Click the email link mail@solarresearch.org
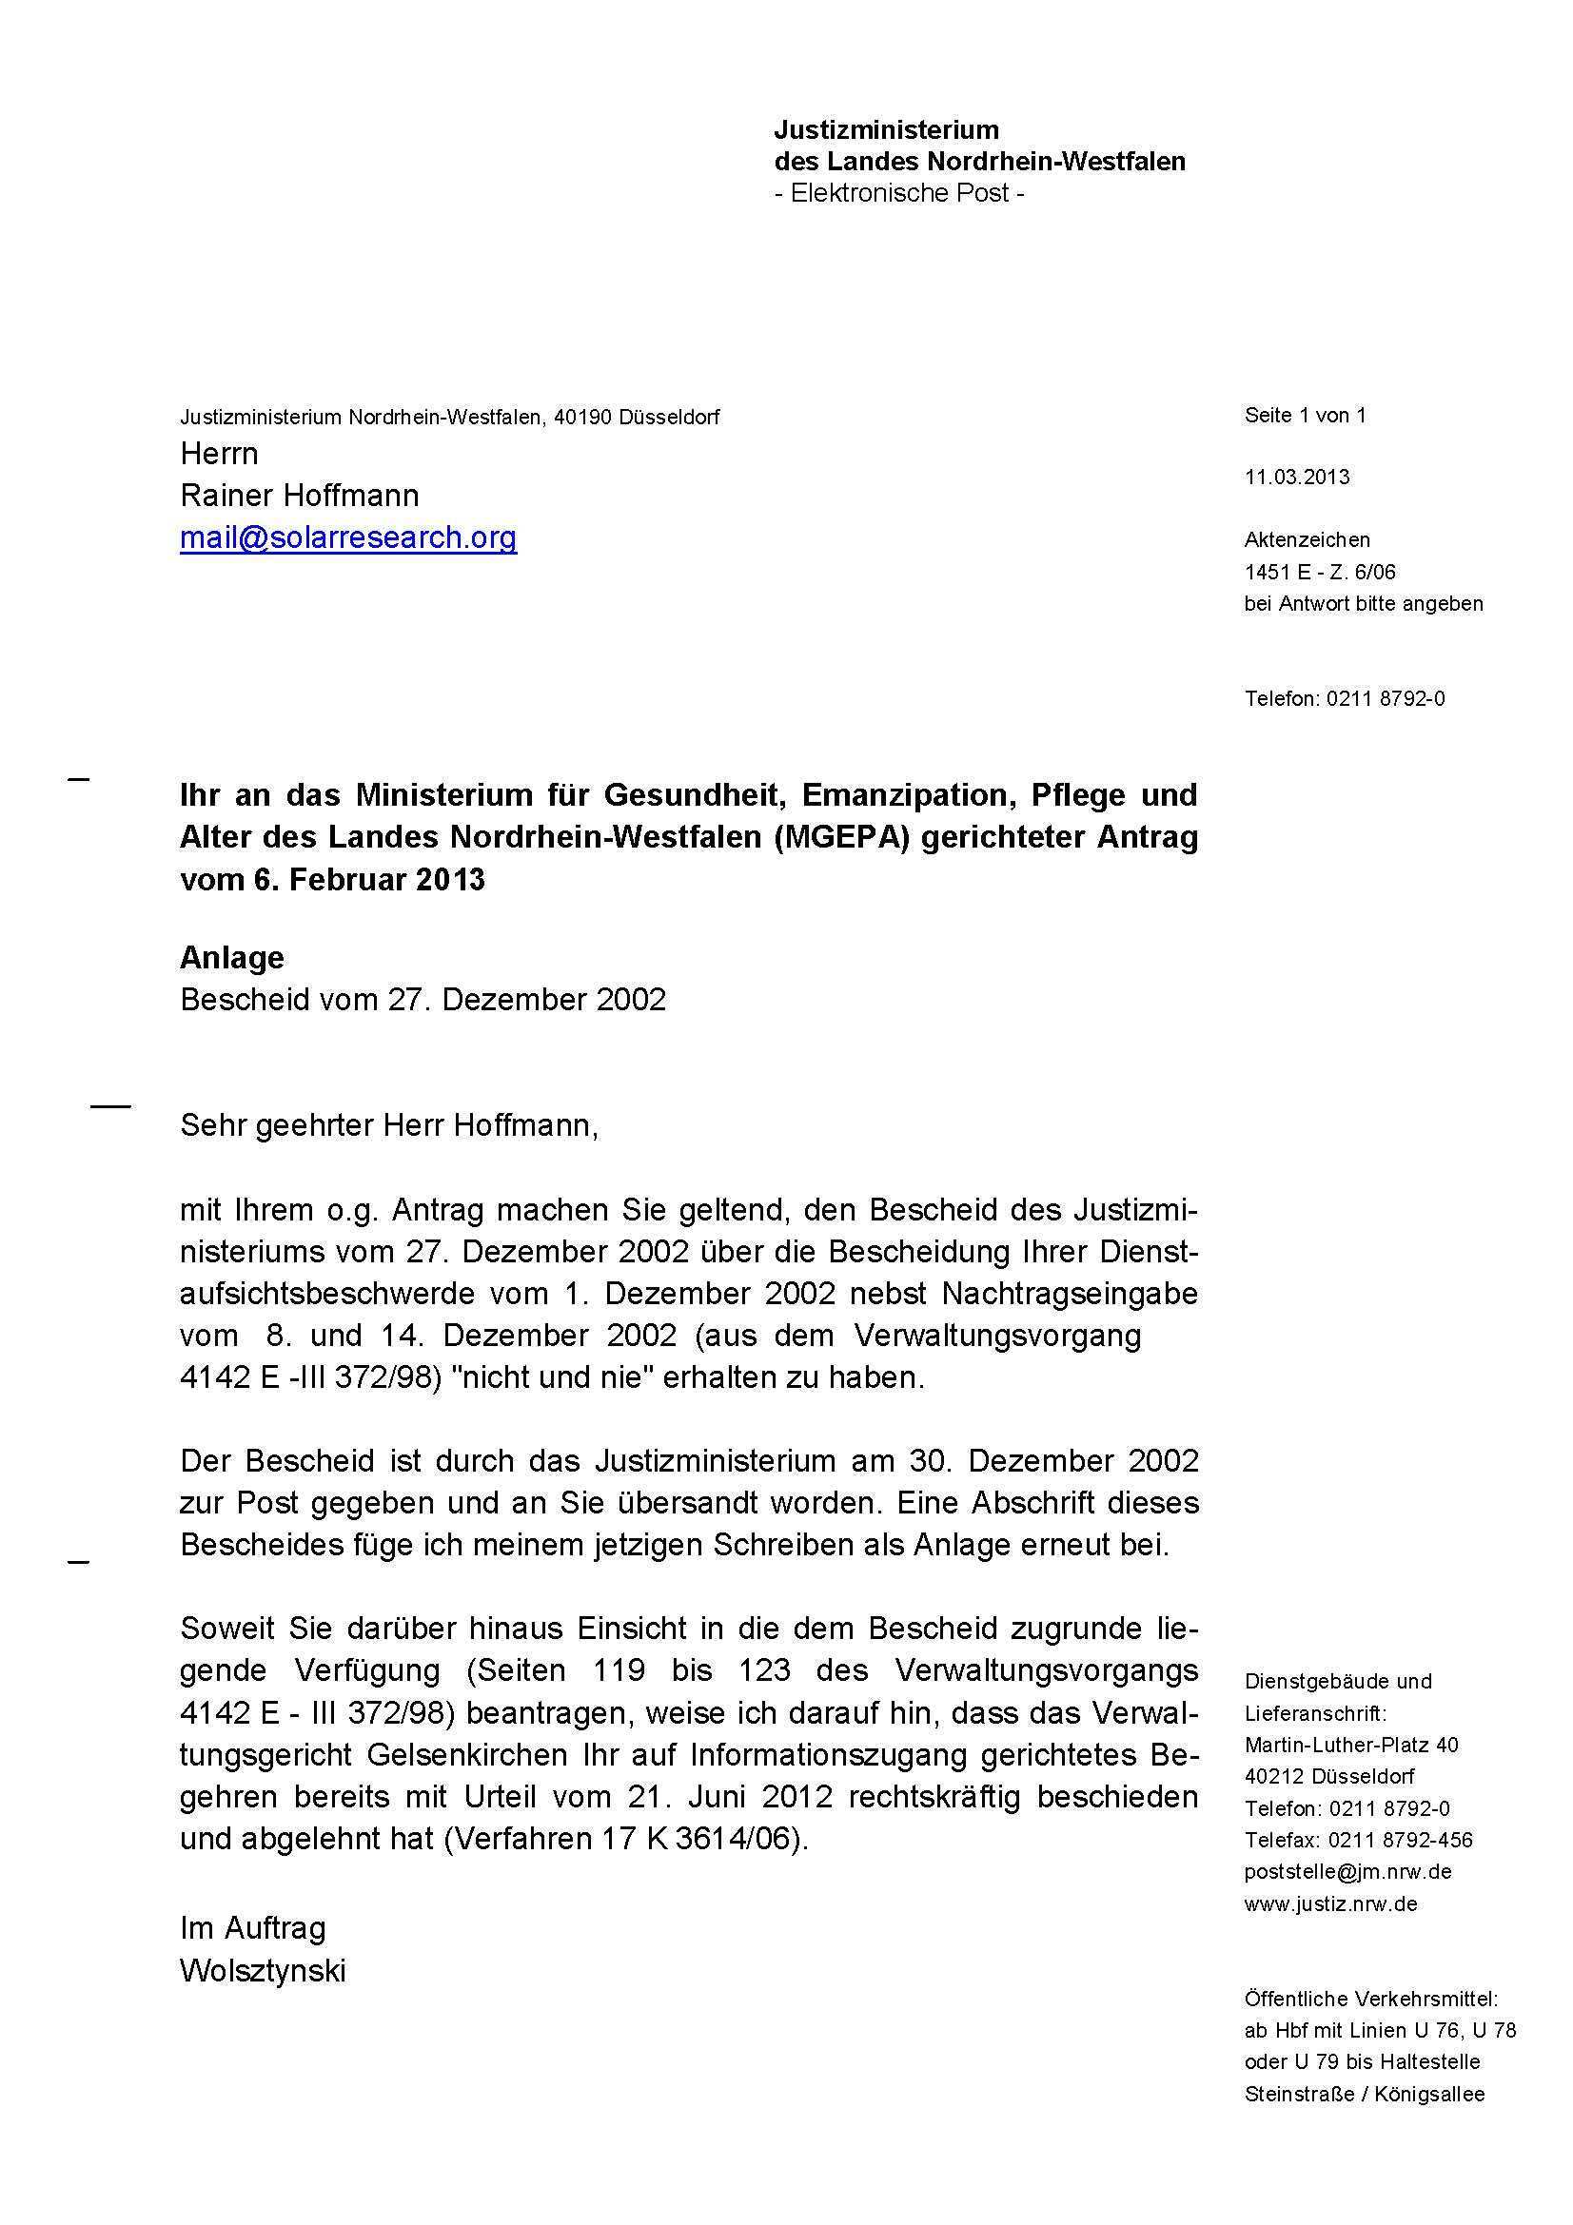click(x=348, y=537)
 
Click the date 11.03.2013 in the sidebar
click(x=1297, y=477)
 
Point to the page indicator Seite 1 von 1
click(x=1305, y=415)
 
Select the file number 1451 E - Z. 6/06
click(x=1320, y=572)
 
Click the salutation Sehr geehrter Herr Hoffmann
click(x=389, y=1125)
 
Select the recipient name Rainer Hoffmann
click(x=300, y=496)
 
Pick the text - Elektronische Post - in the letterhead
click(x=899, y=193)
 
